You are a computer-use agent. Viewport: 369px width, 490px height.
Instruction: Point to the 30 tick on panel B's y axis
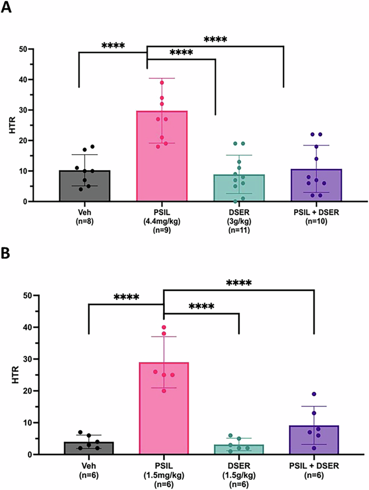click(20, 359)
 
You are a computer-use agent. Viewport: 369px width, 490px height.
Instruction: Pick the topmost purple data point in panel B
click(313, 394)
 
